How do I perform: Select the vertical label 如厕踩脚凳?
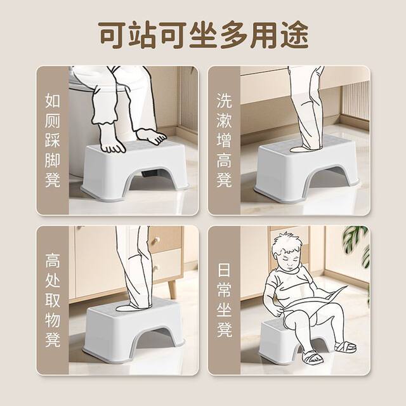point(53,140)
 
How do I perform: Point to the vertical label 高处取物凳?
point(53,300)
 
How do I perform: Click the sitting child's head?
point(287,252)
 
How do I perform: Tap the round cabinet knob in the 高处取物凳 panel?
point(155,241)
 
